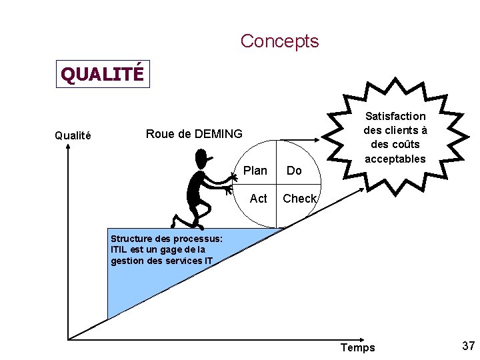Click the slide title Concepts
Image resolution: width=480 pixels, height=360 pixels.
pyautogui.click(x=279, y=41)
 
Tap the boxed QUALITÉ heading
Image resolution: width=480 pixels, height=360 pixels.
pyautogui.click(x=102, y=74)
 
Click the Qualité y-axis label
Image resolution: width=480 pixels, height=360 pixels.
pyautogui.click(x=72, y=135)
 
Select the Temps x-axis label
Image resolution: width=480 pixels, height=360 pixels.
pyautogui.click(x=357, y=347)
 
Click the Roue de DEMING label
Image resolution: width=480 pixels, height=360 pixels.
pyautogui.click(x=194, y=134)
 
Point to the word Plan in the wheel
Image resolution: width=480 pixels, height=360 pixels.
pyautogui.click(x=255, y=171)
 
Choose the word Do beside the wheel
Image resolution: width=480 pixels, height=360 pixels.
pyautogui.click(x=294, y=171)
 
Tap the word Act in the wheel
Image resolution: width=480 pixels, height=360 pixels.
pyautogui.click(x=258, y=199)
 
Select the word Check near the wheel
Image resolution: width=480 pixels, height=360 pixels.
pyautogui.click(x=299, y=199)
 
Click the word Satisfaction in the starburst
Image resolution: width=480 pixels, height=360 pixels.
pyautogui.click(x=395, y=116)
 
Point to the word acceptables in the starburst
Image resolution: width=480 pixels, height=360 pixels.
pyautogui.click(x=395, y=159)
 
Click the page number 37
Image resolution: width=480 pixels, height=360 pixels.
pyautogui.click(x=468, y=346)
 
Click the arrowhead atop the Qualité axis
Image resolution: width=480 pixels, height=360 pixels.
pyautogui.click(x=67, y=149)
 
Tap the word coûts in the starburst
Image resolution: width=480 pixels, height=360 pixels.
pyautogui.click(x=405, y=145)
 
